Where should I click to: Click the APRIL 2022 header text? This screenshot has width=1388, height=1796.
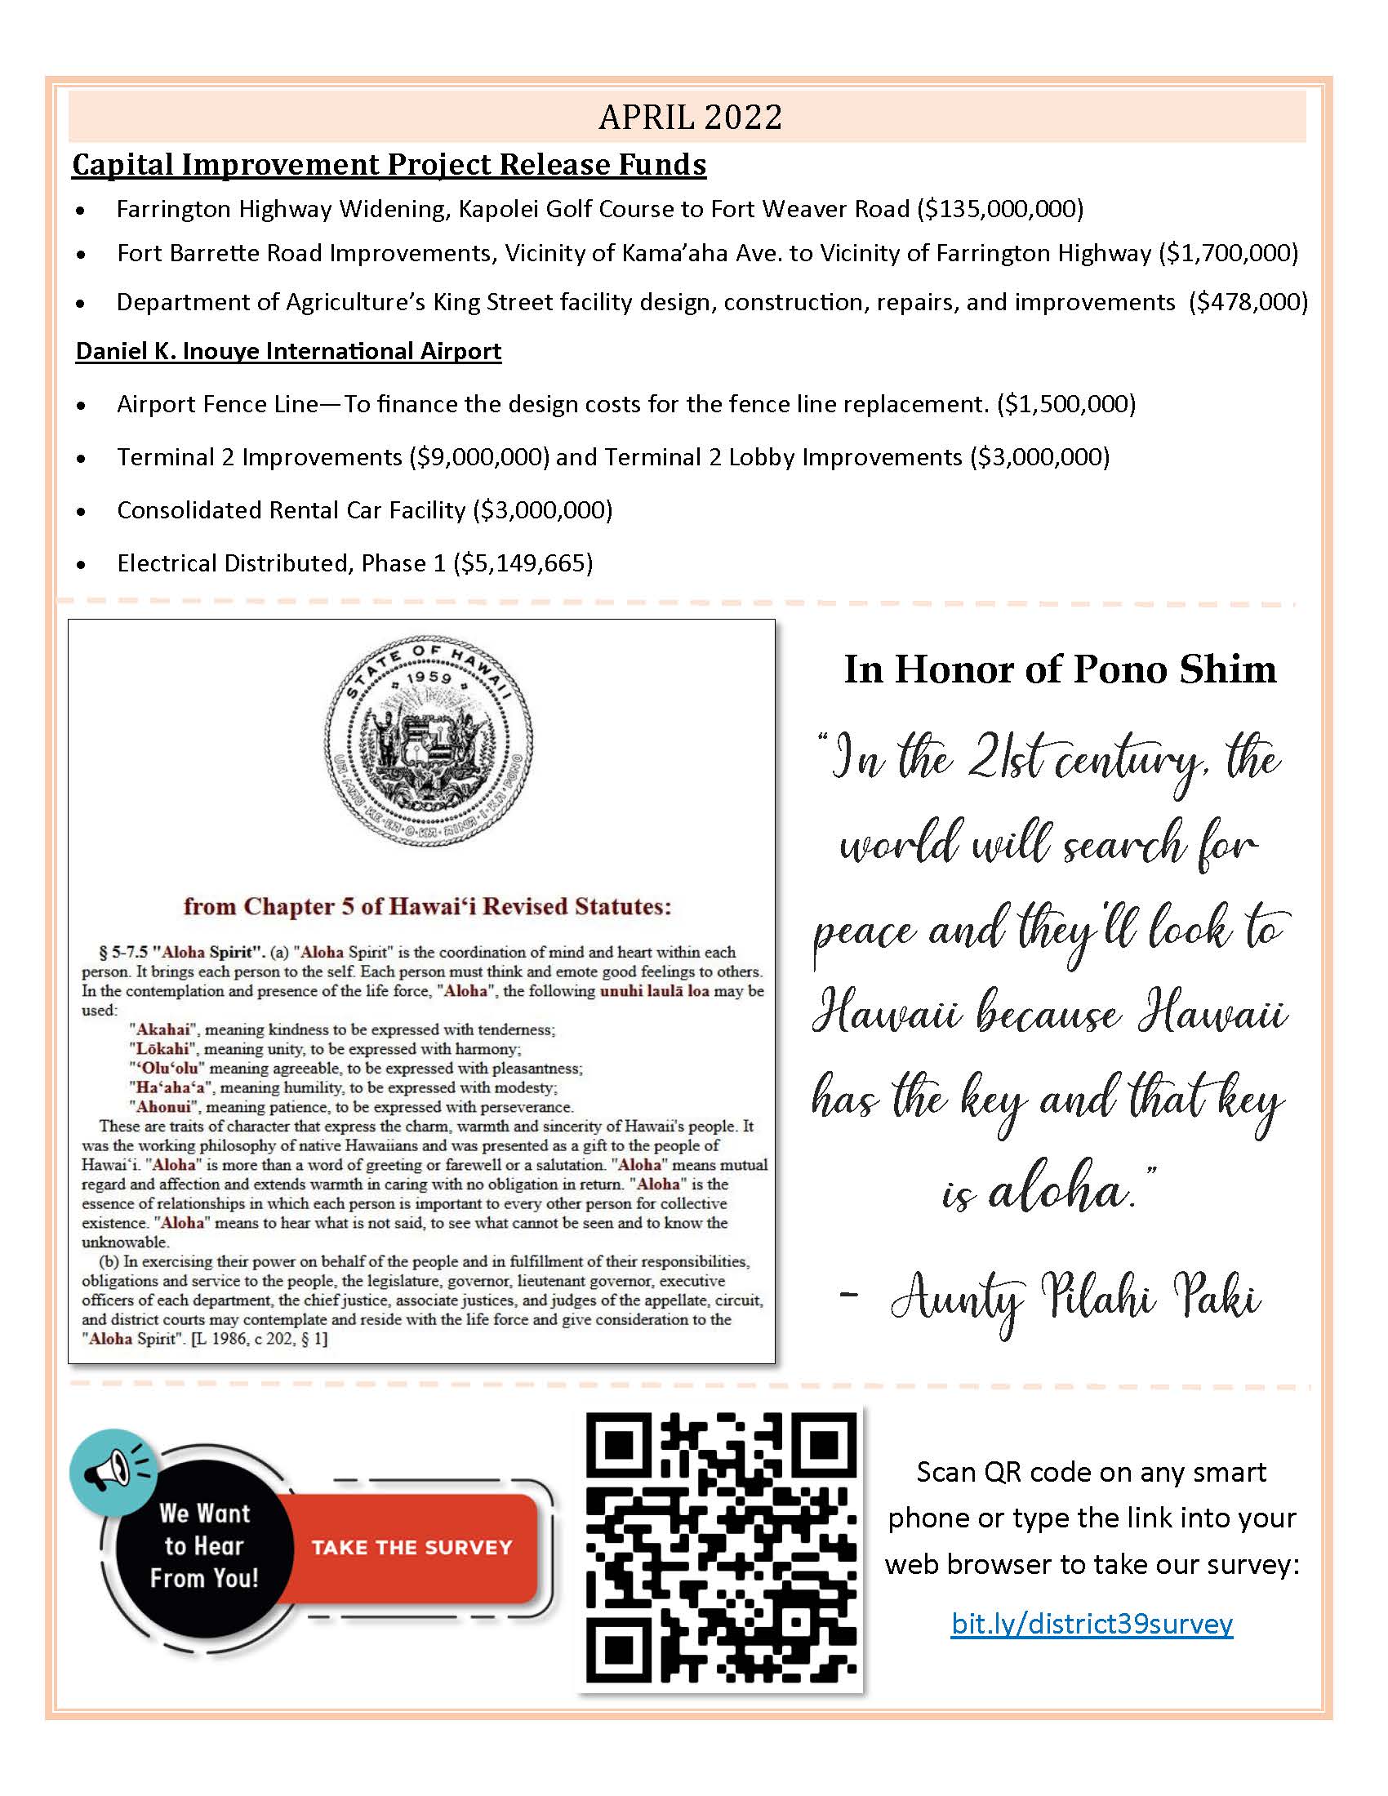click(x=690, y=117)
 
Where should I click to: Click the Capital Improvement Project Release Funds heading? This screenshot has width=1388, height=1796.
click(x=389, y=164)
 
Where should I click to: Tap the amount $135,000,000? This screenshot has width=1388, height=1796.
click(x=1001, y=209)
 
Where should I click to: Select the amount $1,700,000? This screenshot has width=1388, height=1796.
click(x=1229, y=253)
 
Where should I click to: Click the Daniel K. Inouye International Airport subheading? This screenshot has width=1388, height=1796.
click(x=288, y=351)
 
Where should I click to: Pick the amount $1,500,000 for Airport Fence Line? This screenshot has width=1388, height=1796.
click(x=1065, y=405)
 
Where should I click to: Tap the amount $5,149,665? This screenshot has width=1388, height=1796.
click(x=523, y=563)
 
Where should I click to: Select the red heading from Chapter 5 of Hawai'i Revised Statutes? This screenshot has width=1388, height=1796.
click(x=427, y=906)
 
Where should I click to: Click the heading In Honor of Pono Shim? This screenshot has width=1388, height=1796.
click(x=1060, y=669)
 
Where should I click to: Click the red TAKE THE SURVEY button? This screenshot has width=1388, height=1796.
click(x=412, y=1548)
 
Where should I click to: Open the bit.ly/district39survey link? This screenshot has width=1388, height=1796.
click(x=1092, y=1623)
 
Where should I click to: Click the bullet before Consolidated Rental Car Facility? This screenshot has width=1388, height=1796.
click(x=81, y=512)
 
